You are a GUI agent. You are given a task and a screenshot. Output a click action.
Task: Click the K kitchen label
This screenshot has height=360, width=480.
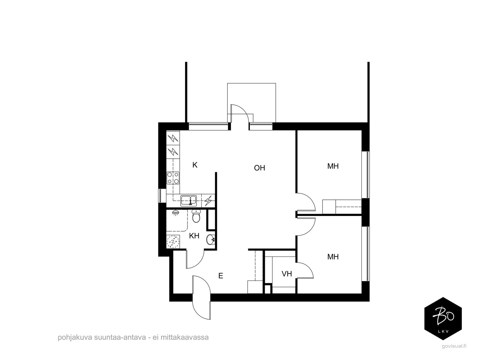coord(195,165)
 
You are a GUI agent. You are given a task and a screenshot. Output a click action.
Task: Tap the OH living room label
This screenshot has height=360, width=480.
coord(259,168)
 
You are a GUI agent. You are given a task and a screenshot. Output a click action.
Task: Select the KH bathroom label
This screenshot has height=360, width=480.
coord(194,236)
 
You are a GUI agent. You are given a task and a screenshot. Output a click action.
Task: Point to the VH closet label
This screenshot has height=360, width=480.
coord(287,274)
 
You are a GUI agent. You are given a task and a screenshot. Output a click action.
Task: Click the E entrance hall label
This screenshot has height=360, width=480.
coord(220,276)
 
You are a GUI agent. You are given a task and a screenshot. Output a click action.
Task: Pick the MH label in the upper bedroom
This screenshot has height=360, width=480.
coord(333,166)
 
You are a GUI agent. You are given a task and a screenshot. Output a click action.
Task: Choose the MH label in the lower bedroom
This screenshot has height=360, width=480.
coord(333,256)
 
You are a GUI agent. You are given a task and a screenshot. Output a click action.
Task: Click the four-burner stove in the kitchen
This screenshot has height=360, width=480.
coord(173,178)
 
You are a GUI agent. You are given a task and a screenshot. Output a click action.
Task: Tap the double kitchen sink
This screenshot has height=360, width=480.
coord(188,201)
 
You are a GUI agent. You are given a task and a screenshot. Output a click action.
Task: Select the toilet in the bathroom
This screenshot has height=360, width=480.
coord(196,216)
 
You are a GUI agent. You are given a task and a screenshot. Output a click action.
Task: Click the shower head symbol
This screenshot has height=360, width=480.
coord(175,213)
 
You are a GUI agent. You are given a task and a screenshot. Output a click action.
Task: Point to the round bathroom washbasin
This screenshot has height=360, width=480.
coord(211,240)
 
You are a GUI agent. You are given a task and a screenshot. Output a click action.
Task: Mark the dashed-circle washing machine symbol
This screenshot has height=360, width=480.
coord(173,241)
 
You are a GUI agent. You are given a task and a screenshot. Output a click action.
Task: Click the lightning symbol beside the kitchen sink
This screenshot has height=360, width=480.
coord(208,201)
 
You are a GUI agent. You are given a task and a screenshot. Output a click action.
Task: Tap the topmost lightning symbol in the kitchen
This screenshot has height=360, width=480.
coord(173,138)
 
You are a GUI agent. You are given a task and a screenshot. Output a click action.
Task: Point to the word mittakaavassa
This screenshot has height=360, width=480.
coord(184,337)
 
